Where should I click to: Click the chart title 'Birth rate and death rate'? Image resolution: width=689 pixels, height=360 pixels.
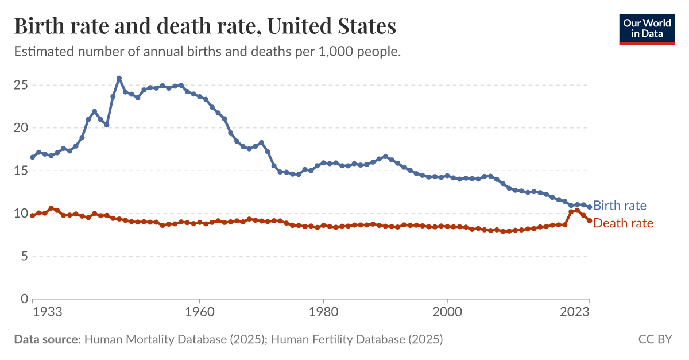pyautogui.click(x=205, y=27)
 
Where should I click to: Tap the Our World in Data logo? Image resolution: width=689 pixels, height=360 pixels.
pyautogui.click(x=647, y=28)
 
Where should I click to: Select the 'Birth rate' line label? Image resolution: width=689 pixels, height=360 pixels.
pyautogui.click(x=620, y=206)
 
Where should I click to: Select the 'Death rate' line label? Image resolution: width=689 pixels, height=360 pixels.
pyautogui.click(x=623, y=223)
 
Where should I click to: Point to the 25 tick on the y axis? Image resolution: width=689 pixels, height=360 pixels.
pyautogui.click(x=21, y=85)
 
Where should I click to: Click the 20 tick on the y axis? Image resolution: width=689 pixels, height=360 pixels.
pyautogui.click(x=21, y=128)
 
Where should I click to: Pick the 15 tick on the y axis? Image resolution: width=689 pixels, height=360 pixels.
pyautogui.click(x=21, y=171)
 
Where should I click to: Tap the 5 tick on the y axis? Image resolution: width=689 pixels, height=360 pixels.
pyautogui.click(x=24, y=256)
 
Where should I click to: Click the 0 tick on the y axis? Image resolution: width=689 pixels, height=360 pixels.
pyautogui.click(x=24, y=299)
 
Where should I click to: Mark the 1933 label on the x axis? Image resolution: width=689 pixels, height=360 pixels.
pyautogui.click(x=48, y=312)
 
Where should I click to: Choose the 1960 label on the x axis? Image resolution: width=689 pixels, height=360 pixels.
pyautogui.click(x=199, y=312)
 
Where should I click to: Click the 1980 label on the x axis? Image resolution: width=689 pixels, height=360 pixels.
pyautogui.click(x=323, y=312)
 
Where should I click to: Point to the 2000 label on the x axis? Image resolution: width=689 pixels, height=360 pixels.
pyautogui.click(x=447, y=312)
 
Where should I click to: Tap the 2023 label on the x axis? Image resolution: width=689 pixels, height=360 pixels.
pyautogui.click(x=576, y=312)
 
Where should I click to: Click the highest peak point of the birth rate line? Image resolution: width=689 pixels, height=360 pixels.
pyautogui.click(x=119, y=78)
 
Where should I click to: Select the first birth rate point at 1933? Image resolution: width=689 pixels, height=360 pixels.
pyautogui.click(x=33, y=157)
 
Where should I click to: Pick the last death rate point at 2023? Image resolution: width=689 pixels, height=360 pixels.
pyautogui.click(x=589, y=220)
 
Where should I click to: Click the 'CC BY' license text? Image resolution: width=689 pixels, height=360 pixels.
pyautogui.click(x=655, y=339)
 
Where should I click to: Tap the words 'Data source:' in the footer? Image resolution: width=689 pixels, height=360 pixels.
pyautogui.click(x=47, y=339)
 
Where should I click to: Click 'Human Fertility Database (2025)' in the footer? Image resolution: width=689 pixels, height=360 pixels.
pyautogui.click(x=357, y=339)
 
